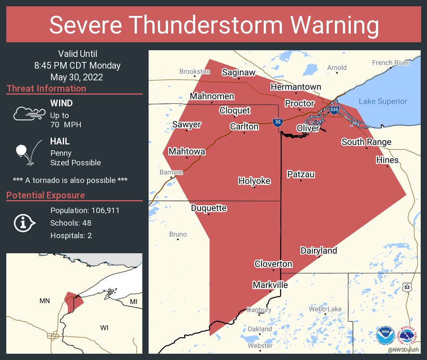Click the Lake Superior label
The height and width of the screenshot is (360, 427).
(x=383, y=101)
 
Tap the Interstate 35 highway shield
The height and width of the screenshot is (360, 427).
(x=277, y=122)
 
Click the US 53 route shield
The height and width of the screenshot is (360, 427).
(x=407, y=288)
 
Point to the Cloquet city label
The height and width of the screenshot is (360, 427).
(x=235, y=111)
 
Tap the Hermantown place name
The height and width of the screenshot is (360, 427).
(x=296, y=87)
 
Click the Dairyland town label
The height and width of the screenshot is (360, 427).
(x=319, y=251)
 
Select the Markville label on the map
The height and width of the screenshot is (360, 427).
(x=270, y=285)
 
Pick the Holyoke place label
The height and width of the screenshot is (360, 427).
(x=254, y=181)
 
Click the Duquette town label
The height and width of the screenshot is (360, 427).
(x=209, y=208)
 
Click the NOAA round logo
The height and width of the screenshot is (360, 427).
(x=385, y=336)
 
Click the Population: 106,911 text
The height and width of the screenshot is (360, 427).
(x=85, y=211)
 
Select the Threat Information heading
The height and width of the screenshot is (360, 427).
(x=46, y=89)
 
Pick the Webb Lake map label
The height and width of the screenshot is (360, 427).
(x=325, y=309)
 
